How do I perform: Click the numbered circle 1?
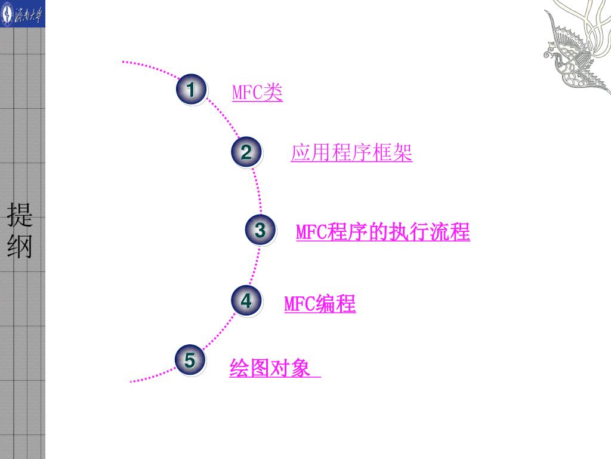point(191,90)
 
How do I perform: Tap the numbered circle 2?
point(246,153)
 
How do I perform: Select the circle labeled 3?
point(260,230)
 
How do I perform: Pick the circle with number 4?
point(246,301)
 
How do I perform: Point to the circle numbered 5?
point(190,360)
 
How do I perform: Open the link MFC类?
point(257,93)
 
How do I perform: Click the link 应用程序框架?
point(351,154)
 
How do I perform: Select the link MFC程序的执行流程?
point(383,231)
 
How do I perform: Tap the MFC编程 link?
point(320,304)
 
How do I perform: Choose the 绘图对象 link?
point(271,369)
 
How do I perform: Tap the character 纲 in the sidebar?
point(21,246)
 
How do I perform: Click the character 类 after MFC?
point(273,93)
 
